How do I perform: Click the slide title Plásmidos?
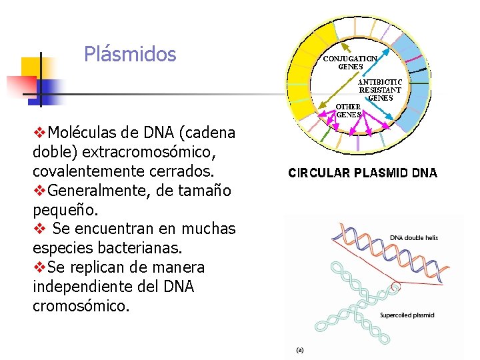point(130,54)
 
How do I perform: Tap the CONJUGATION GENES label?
point(350,62)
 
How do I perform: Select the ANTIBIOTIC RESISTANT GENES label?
point(380,89)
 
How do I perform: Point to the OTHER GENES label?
point(349,110)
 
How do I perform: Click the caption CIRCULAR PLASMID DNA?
point(363,173)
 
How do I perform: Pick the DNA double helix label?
point(413,237)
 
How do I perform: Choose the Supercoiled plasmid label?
point(407,315)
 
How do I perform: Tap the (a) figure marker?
point(300,349)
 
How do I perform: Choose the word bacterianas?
point(160,248)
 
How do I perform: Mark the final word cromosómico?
point(81,306)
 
